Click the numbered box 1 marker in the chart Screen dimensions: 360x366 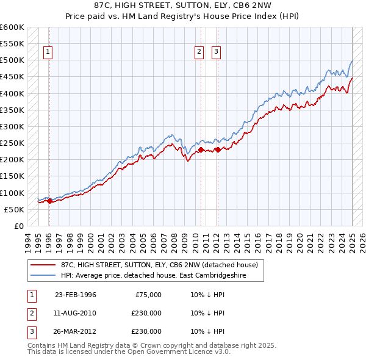pos(48,52)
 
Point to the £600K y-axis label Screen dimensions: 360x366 pos(12,27)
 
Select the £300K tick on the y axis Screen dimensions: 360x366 pos(12,126)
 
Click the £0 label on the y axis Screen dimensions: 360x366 pos(18,226)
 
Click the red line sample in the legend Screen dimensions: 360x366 pos(43,265)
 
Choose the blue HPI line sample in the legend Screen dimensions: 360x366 pos(43,275)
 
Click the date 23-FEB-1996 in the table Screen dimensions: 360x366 pos(76,295)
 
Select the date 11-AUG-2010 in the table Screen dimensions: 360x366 pos(76,313)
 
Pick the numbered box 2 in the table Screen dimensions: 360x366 pos(30,313)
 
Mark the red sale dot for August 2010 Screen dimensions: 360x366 pos(201,149)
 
